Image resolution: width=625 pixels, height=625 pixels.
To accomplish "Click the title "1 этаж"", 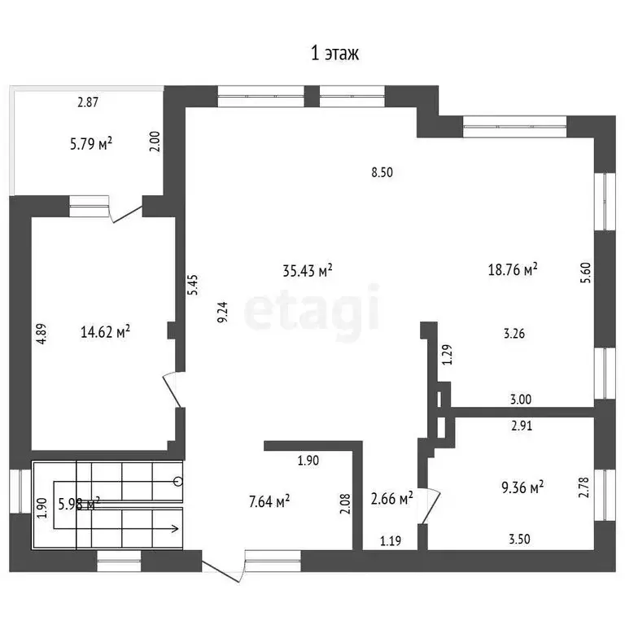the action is pyautogui.click(x=334, y=54).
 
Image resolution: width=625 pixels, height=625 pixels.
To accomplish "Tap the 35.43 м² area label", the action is pyautogui.click(x=308, y=270).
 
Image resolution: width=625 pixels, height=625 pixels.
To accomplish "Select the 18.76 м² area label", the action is pyautogui.click(x=513, y=269).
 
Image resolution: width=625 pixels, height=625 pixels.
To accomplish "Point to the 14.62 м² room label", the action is pyautogui.click(x=105, y=331).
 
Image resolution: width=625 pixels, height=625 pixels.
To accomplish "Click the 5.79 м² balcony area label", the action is pyautogui.click(x=91, y=143).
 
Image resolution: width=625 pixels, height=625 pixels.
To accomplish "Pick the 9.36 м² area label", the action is pyautogui.click(x=522, y=487).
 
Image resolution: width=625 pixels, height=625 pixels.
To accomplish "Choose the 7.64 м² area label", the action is pyautogui.click(x=269, y=501).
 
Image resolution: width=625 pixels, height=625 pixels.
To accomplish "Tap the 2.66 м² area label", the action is pyautogui.click(x=391, y=498).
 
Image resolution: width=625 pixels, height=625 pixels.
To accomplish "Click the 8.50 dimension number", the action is pyautogui.click(x=382, y=173).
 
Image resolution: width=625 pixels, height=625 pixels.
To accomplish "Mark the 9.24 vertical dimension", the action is pyautogui.click(x=222, y=312).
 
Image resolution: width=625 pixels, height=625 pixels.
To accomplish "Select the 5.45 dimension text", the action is pyautogui.click(x=193, y=285).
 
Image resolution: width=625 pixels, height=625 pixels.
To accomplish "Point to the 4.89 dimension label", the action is pyautogui.click(x=42, y=334).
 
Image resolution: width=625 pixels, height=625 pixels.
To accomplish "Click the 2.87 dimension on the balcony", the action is pyautogui.click(x=88, y=103).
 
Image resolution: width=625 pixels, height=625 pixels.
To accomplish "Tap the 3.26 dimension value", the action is pyautogui.click(x=514, y=333).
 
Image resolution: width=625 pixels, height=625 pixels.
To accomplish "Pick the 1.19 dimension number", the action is pyautogui.click(x=391, y=541).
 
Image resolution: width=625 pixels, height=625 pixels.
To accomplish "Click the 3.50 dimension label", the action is pyautogui.click(x=519, y=539).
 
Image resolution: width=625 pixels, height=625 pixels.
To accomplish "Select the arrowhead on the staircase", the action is pyautogui.click(x=175, y=529).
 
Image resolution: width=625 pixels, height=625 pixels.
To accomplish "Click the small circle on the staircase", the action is pyautogui.click(x=178, y=482).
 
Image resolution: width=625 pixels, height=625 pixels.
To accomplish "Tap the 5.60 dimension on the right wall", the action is pyautogui.click(x=586, y=273).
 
